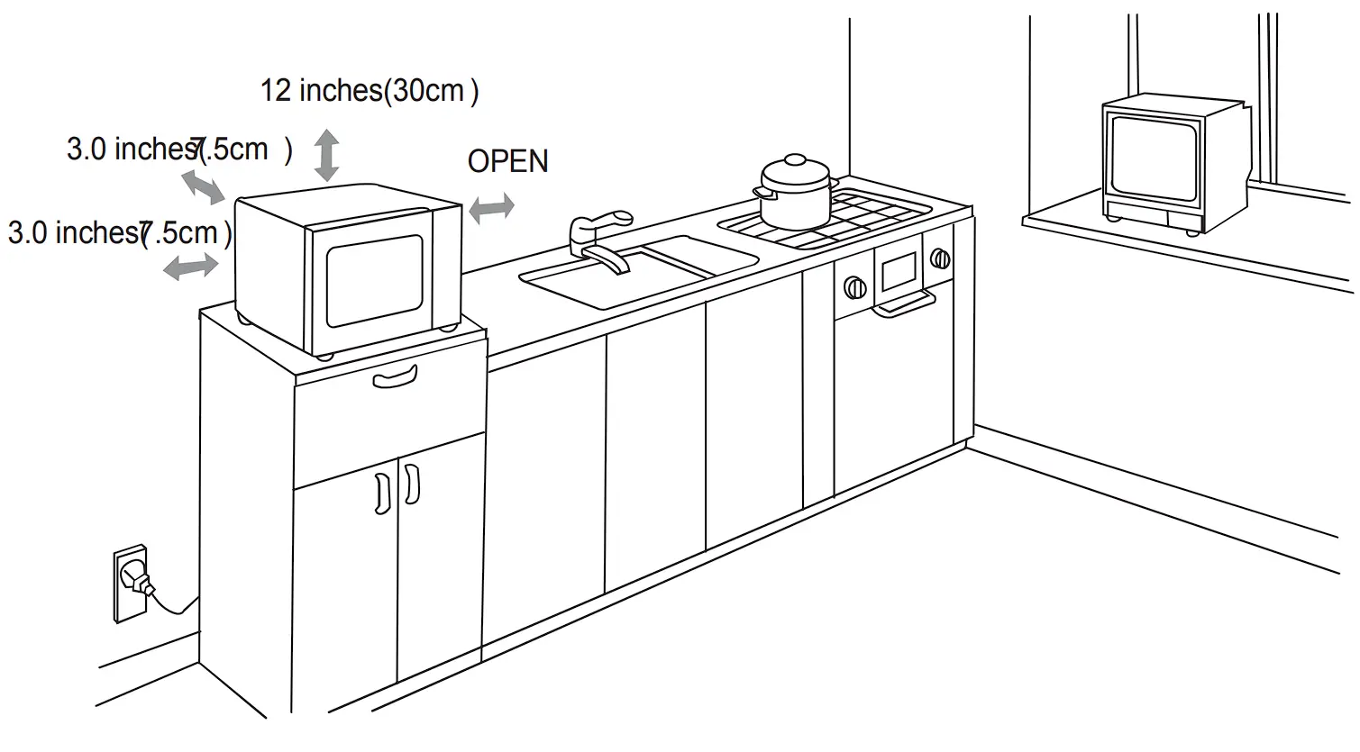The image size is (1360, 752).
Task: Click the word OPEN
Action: [x=507, y=161]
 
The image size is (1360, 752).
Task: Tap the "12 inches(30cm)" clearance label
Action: [x=369, y=91]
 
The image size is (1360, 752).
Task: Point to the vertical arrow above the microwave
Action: [x=326, y=154]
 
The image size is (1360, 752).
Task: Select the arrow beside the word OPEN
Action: [x=491, y=207]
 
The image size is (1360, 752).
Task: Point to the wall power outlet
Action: [x=130, y=583]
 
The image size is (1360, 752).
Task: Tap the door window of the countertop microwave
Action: [x=374, y=280]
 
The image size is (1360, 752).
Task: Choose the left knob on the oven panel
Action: [x=853, y=288]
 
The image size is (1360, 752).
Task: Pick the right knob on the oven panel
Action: [x=940, y=259]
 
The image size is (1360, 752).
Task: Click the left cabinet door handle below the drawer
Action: [x=382, y=493]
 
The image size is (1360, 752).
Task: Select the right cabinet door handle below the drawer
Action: [x=411, y=485]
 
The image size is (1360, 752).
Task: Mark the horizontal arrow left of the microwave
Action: [x=190, y=267]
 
